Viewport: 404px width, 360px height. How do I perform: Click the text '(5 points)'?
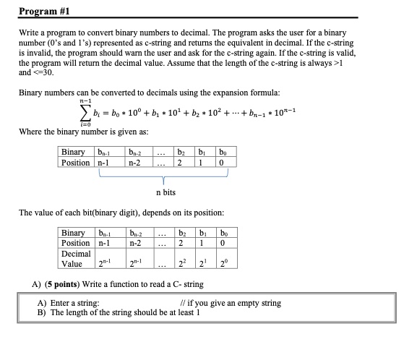click(x=69, y=284)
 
